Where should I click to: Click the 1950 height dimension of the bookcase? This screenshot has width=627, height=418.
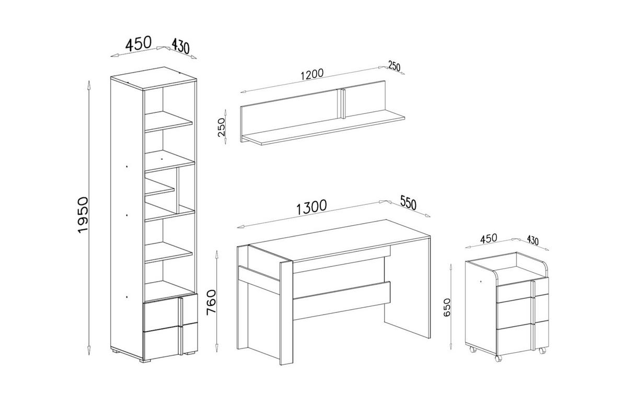83,215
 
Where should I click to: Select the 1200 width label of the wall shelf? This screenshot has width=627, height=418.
312,74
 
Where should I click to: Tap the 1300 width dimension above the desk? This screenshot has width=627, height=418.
311,207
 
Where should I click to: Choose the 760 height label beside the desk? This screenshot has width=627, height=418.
211,303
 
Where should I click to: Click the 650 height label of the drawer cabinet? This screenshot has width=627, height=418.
447,307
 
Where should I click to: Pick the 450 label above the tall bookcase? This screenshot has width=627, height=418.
138,44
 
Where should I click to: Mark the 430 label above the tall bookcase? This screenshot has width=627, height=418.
181,46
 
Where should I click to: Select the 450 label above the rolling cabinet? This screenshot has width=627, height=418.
489,239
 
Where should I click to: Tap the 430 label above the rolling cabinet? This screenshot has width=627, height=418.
532,240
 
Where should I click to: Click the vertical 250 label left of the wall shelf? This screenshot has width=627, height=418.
222,127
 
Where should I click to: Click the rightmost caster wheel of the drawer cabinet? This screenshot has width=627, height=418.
542,350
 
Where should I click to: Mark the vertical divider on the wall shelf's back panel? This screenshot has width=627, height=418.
342,103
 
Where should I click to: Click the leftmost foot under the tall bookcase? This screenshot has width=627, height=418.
114,350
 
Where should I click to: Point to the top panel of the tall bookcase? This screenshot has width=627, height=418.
154,78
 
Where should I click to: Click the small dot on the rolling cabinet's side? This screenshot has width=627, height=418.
480,281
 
